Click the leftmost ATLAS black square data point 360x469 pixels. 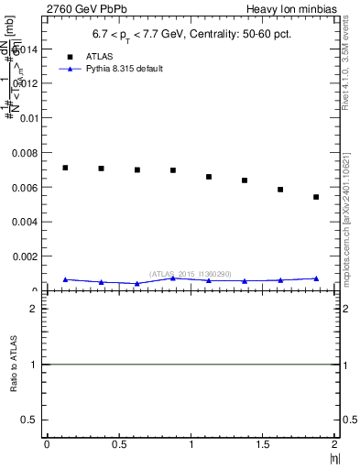tap(65, 168)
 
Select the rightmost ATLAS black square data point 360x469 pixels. tap(316, 197)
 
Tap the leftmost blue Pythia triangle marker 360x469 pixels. tap(65, 279)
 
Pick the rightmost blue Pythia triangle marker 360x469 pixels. tap(316, 278)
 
